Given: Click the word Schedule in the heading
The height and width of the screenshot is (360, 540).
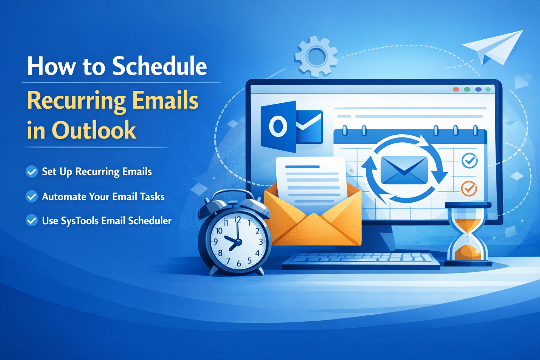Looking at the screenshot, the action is [x=160, y=66].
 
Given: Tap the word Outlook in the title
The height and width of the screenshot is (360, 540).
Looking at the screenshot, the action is [x=94, y=130].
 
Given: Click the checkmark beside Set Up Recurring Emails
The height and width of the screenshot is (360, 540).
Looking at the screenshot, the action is [x=32, y=172].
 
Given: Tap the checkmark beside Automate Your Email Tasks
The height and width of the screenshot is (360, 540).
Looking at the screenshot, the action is [x=32, y=197].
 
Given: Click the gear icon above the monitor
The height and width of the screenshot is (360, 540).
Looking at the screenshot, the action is [x=316, y=57].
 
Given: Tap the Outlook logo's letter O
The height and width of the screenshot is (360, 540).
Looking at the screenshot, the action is [x=278, y=126].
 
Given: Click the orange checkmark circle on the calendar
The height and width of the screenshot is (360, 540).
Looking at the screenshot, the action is [x=469, y=188].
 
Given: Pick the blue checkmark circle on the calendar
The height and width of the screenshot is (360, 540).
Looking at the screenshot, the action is [x=470, y=161].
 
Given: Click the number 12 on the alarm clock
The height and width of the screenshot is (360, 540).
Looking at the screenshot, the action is [x=238, y=220].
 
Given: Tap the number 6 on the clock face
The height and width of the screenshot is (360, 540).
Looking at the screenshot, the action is [x=239, y=264].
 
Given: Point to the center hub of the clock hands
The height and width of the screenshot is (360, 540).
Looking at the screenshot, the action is [x=238, y=242].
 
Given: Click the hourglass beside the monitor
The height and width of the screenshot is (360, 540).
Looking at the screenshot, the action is [x=468, y=234].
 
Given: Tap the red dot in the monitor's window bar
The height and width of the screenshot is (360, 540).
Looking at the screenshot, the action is [x=456, y=89].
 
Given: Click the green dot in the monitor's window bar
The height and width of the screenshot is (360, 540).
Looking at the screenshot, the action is [x=467, y=89].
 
